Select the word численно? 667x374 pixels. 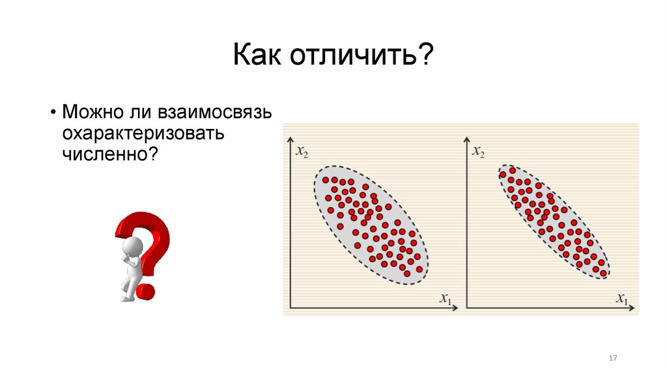[111, 154]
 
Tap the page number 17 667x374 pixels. [612, 359]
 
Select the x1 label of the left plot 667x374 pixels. [446, 298]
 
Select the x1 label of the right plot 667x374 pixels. [623, 298]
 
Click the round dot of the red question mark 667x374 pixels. [146, 291]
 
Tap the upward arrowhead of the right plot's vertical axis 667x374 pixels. [467, 139]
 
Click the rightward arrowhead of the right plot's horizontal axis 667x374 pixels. [632, 308]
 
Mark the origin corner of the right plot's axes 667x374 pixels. [467, 308]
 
